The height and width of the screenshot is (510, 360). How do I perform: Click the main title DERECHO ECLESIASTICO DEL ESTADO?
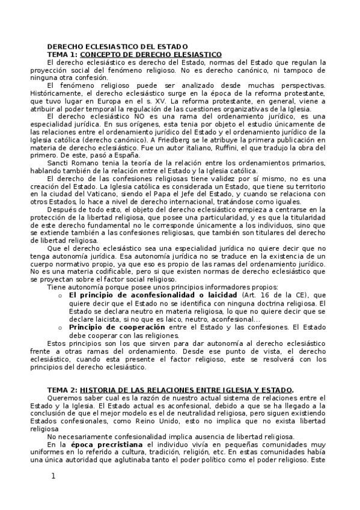117,46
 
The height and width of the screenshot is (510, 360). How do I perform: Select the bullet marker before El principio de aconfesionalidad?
59,296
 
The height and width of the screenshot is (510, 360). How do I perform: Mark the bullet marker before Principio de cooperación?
59,327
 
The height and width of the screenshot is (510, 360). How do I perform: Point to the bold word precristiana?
117,444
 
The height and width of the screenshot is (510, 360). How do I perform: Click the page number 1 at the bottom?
53,476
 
